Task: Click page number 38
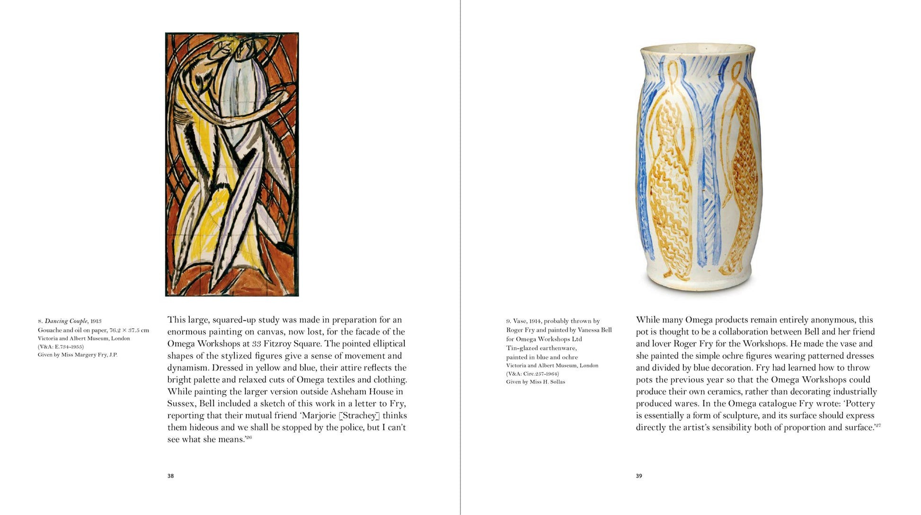pos(170,476)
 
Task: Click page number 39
pos(639,476)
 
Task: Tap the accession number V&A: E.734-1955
pos(61,346)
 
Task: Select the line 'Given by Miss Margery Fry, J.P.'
pos(78,355)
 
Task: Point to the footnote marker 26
pos(248,437)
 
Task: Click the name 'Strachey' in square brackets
pos(360,416)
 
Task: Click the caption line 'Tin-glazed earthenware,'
pos(541,348)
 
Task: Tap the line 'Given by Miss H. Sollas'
pos(535,382)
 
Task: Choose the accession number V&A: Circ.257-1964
pos(532,373)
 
